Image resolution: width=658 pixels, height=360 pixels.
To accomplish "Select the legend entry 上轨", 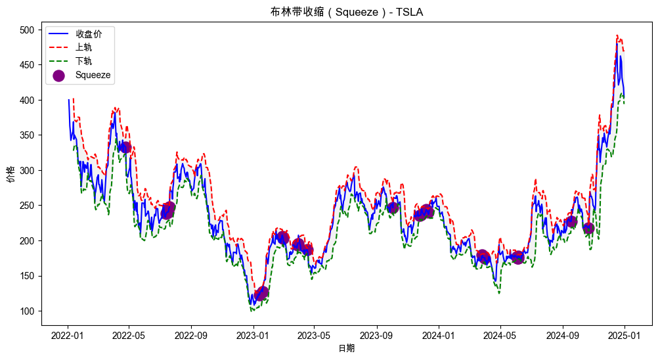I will click(x=83, y=47).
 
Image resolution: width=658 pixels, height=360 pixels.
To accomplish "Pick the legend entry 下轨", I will click(x=83, y=61).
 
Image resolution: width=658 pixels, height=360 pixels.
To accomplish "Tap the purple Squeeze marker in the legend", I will click(x=58, y=76).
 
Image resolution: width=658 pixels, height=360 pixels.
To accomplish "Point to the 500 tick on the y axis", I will click(x=28, y=30).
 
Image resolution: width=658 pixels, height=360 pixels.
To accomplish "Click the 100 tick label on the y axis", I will click(x=28, y=311).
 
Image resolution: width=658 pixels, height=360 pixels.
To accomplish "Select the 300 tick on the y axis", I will click(x=28, y=171).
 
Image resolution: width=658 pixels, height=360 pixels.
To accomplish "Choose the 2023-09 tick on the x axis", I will click(x=377, y=334).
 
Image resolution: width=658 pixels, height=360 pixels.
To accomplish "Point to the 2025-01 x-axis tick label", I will click(x=625, y=334).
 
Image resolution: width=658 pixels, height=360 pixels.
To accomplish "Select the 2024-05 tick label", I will click(x=500, y=334).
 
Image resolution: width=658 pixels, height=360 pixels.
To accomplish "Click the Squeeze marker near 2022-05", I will click(x=125, y=147).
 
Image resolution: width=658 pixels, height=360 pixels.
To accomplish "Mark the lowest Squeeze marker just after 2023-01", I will click(x=261, y=293).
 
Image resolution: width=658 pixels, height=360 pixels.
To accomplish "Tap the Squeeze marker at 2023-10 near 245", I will click(x=393, y=208).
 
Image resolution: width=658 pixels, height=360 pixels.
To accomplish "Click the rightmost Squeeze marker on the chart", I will click(x=588, y=228).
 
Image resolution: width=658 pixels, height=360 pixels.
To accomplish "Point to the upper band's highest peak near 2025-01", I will click(x=617, y=35).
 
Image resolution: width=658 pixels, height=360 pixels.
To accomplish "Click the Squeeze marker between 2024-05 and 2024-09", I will click(x=517, y=257).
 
